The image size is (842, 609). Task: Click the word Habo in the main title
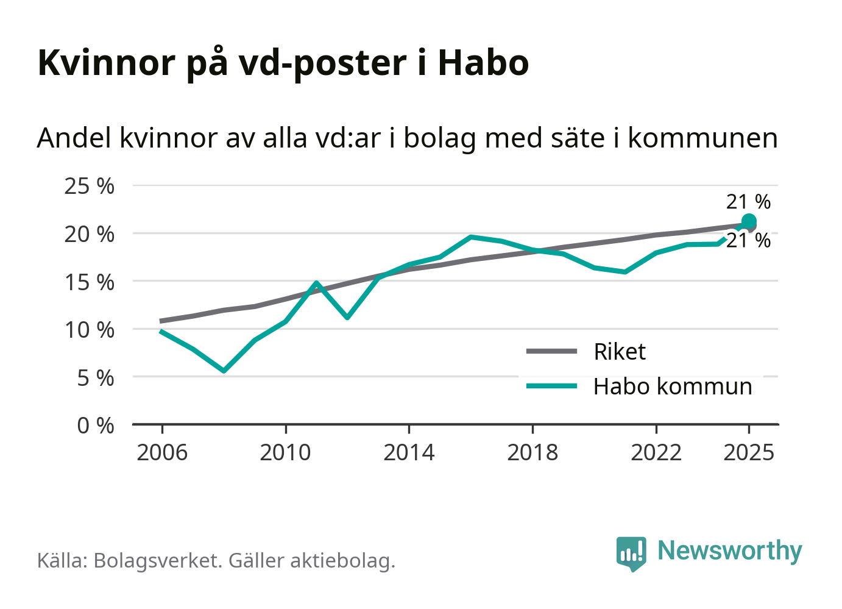pos(483,62)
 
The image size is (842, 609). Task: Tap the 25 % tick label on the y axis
pos(89,186)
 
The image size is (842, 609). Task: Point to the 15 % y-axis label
pos(89,282)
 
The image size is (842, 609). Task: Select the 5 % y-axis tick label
pos(95,378)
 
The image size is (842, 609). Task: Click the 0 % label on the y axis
pos(95,426)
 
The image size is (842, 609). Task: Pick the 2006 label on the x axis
pos(162,453)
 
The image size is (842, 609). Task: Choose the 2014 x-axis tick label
pos(409,453)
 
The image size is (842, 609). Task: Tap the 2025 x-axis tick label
pos(749,453)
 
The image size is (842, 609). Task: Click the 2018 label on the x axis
pos(532,453)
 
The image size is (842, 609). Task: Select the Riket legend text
pos(620,352)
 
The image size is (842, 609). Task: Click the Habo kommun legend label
pos(673,386)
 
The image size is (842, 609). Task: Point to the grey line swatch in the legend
pos(551,351)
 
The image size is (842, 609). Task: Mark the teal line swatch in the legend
pos(551,386)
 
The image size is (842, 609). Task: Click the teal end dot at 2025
pos(749,221)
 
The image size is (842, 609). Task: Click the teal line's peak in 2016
pos(471,237)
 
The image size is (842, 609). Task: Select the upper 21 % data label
pos(748,202)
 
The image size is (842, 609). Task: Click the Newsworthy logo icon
pos(631,553)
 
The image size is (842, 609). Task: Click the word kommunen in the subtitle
pos(702,138)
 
